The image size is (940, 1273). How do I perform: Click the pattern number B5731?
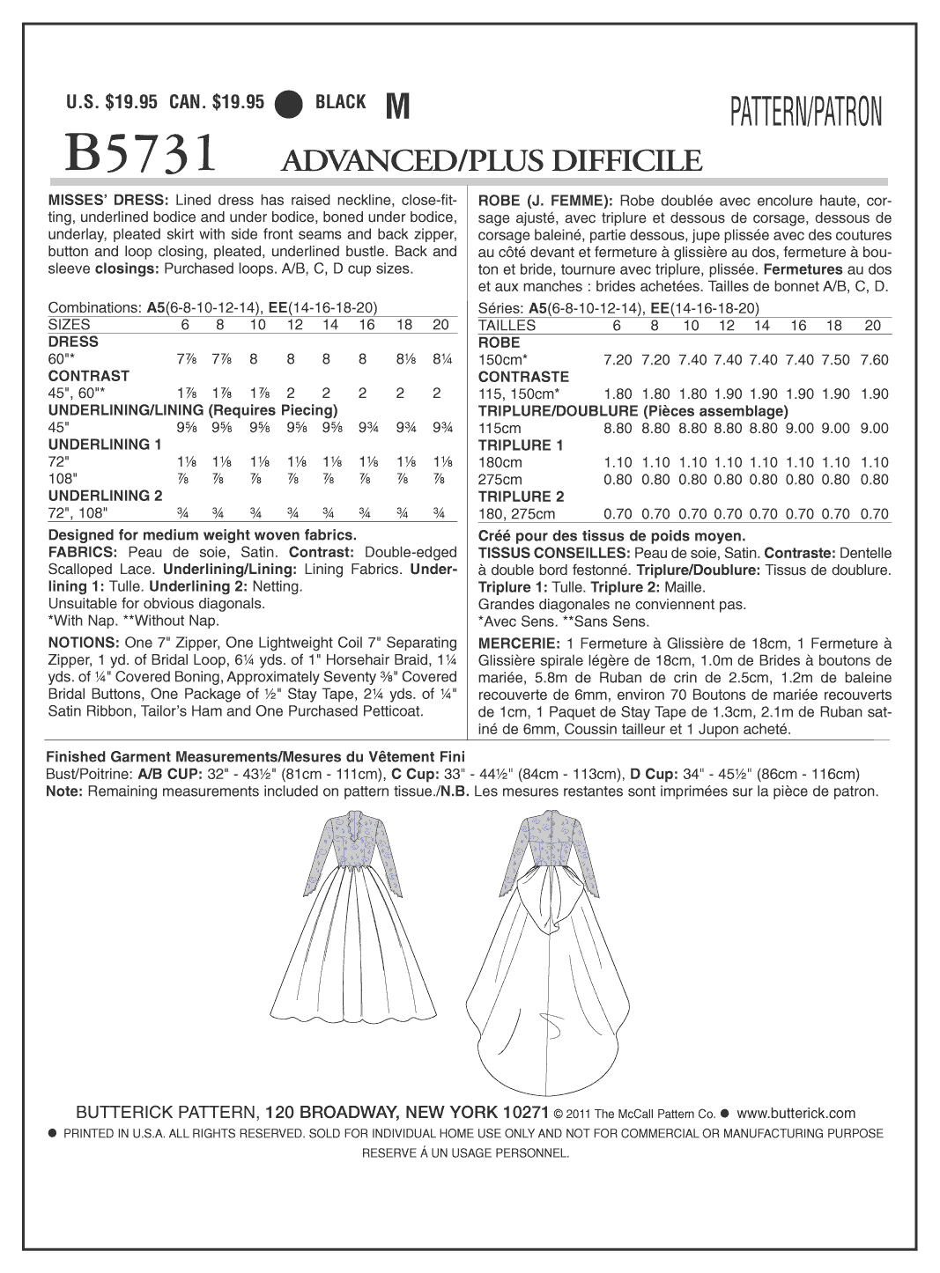[x=141, y=153]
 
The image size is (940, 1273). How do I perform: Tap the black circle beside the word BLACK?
[x=289, y=104]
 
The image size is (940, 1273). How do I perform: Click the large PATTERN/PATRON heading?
[x=805, y=113]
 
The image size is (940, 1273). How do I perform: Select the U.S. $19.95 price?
[x=112, y=102]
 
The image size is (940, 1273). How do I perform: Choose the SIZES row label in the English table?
[x=70, y=325]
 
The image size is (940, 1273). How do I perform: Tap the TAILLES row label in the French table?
[x=507, y=325]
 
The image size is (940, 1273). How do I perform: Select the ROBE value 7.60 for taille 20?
[x=873, y=359]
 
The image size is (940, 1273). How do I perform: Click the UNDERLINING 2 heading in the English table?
[x=105, y=496]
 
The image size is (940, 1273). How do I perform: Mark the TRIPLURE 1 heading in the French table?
[x=521, y=445]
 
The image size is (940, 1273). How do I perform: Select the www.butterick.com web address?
[x=796, y=1113]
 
